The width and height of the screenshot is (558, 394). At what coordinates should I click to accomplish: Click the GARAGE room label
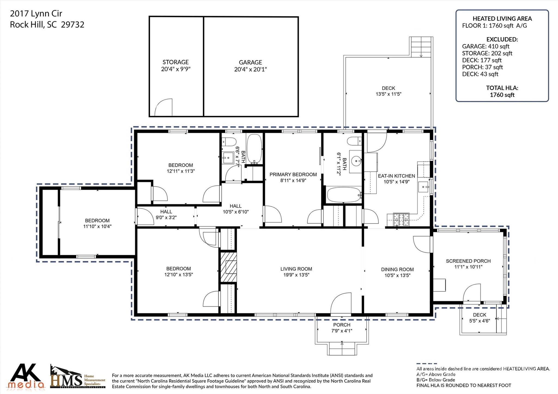coord(250,62)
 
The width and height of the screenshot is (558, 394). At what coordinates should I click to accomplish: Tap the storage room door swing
coord(164,108)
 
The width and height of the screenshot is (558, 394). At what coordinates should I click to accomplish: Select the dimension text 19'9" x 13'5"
coord(296,275)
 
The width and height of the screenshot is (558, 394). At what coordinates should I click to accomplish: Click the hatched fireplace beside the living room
coord(228,267)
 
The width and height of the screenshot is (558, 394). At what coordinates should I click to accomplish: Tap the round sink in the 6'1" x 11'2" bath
coord(356,161)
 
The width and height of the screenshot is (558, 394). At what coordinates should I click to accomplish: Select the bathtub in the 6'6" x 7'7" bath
coord(254,149)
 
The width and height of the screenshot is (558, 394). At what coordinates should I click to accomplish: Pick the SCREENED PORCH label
coord(468,261)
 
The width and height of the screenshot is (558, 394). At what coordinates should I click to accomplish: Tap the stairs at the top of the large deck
coord(421,47)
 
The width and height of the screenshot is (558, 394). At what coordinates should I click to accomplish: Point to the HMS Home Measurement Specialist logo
coord(77,377)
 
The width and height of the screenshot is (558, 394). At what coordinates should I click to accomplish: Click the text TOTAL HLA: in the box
coord(502,88)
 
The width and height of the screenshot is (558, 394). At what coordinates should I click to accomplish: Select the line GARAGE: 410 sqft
coord(486,46)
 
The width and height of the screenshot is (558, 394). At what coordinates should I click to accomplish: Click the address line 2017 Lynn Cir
coord(36,13)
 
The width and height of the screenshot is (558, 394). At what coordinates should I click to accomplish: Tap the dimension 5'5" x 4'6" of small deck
coord(479,321)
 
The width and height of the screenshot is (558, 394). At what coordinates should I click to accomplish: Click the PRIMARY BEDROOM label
coord(293,175)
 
